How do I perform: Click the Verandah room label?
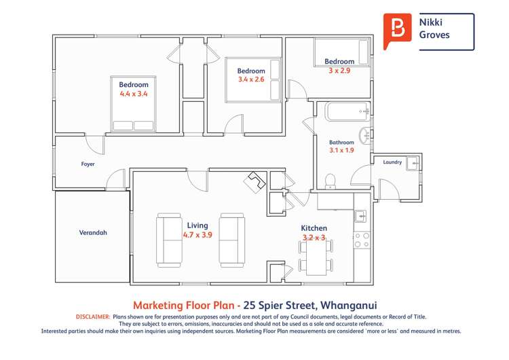[93, 232]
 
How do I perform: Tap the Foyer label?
[88, 164]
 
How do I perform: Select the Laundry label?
[392, 162]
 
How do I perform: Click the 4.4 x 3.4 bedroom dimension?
[134, 94]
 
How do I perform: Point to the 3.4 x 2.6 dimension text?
[250, 79]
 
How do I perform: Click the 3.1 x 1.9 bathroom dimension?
[341, 150]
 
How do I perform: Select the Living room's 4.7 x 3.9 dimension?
[197, 234]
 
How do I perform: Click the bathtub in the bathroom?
[347, 111]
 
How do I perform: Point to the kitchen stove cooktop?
[361, 240]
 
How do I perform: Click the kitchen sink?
[360, 217]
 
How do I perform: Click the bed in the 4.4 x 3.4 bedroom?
[133, 104]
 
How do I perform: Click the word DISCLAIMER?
[90, 317]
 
